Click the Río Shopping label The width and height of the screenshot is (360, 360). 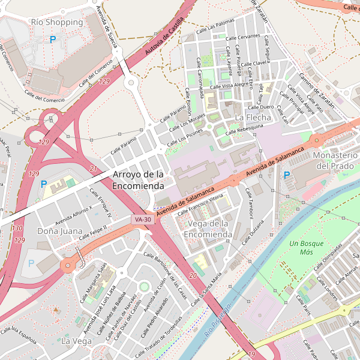click(x=56, y=22)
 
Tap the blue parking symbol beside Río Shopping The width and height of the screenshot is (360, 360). click(x=53, y=40)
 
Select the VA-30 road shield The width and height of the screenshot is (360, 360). click(x=143, y=220)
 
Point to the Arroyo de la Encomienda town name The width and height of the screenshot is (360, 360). click(x=138, y=180)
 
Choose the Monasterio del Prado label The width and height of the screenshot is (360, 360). click(x=336, y=160)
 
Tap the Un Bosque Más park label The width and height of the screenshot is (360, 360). click(x=306, y=248)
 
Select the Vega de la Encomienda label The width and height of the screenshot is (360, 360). click(x=209, y=229)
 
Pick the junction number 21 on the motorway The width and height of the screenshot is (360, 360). click(x=93, y=169)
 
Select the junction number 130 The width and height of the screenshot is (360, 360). click(x=18, y=228)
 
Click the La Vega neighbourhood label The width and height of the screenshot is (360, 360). click(x=76, y=341)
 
